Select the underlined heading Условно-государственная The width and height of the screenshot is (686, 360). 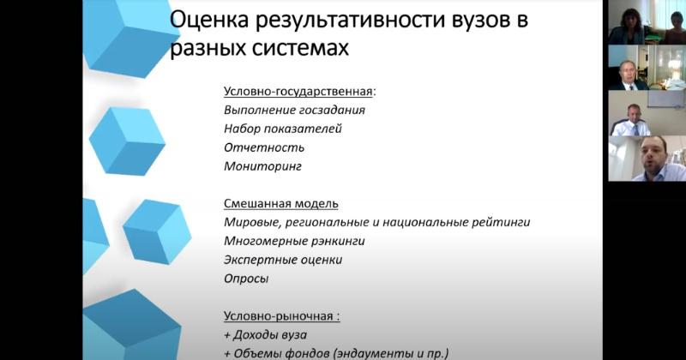click(x=298, y=92)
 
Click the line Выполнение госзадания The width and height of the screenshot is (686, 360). click(x=294, y=110)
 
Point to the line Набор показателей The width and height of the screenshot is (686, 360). click(x=283, y=129)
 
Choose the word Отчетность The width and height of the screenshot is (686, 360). click(x=264, y=147)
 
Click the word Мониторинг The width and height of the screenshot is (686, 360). click(x=262, y=166)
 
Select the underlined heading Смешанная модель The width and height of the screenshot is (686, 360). click(x=281, y=204)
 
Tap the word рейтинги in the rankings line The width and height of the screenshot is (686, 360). click(x=501, y=222)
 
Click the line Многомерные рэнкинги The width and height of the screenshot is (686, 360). click(x=294, y=241)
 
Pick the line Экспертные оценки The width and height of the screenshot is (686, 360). click(x=283, y=260)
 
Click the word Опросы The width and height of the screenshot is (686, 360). click(x=246, y=279)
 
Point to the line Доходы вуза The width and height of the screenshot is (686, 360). click(x=265, y=335)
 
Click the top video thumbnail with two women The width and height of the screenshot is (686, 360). click(x=647, y=22)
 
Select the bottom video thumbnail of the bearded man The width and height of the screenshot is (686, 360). click(x=647, y=159)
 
